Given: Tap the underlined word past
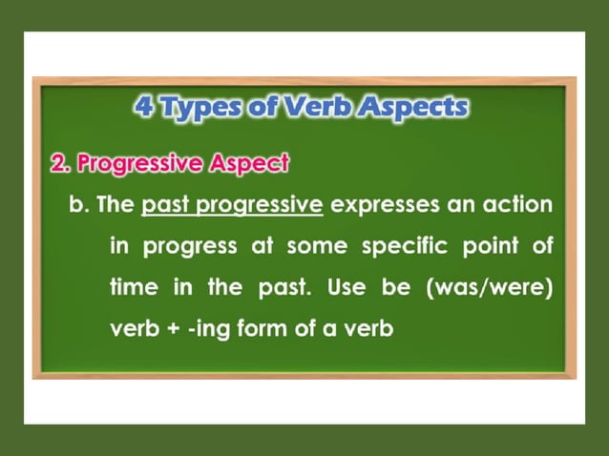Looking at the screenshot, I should click(x=166, y=205).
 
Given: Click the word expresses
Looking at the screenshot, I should click(x=383, y=205).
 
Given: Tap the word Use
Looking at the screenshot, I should click(x=346, y=287).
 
